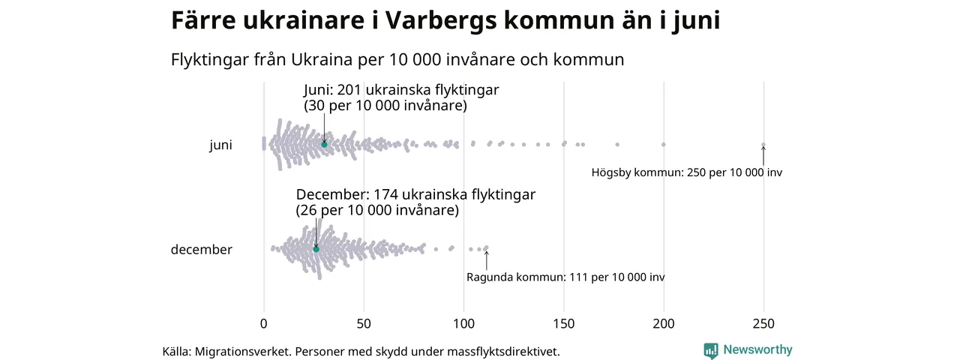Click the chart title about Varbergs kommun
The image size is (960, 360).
tap(445, 21)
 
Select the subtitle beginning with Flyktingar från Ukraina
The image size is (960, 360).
tap(397, 59)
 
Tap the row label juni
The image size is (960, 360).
tap(220, 145)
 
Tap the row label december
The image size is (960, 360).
tap(202, 250)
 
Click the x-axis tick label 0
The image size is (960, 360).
tap(263, 324)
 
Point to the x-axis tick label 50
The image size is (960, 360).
tap(364, 324)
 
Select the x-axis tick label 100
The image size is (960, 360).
tap(463, 324)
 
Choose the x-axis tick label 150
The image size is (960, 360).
tap(564, 324)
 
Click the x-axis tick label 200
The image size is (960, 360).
tap(664, 324)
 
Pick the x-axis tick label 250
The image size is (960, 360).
tap(763, 324)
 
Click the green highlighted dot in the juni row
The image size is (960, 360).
tap(324, 144)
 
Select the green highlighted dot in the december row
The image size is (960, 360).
tap(316, 249)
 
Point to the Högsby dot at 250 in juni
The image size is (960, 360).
tap(763, 145)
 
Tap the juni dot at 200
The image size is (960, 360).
tap(664, 144)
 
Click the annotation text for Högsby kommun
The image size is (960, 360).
tap(686, 172)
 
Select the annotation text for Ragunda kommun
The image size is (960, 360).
tap(565, 277)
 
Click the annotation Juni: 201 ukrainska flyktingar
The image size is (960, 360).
tap(401, 90)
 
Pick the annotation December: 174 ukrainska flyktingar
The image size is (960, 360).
tap(415, 195)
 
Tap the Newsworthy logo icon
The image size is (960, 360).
tap(711, 350)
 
